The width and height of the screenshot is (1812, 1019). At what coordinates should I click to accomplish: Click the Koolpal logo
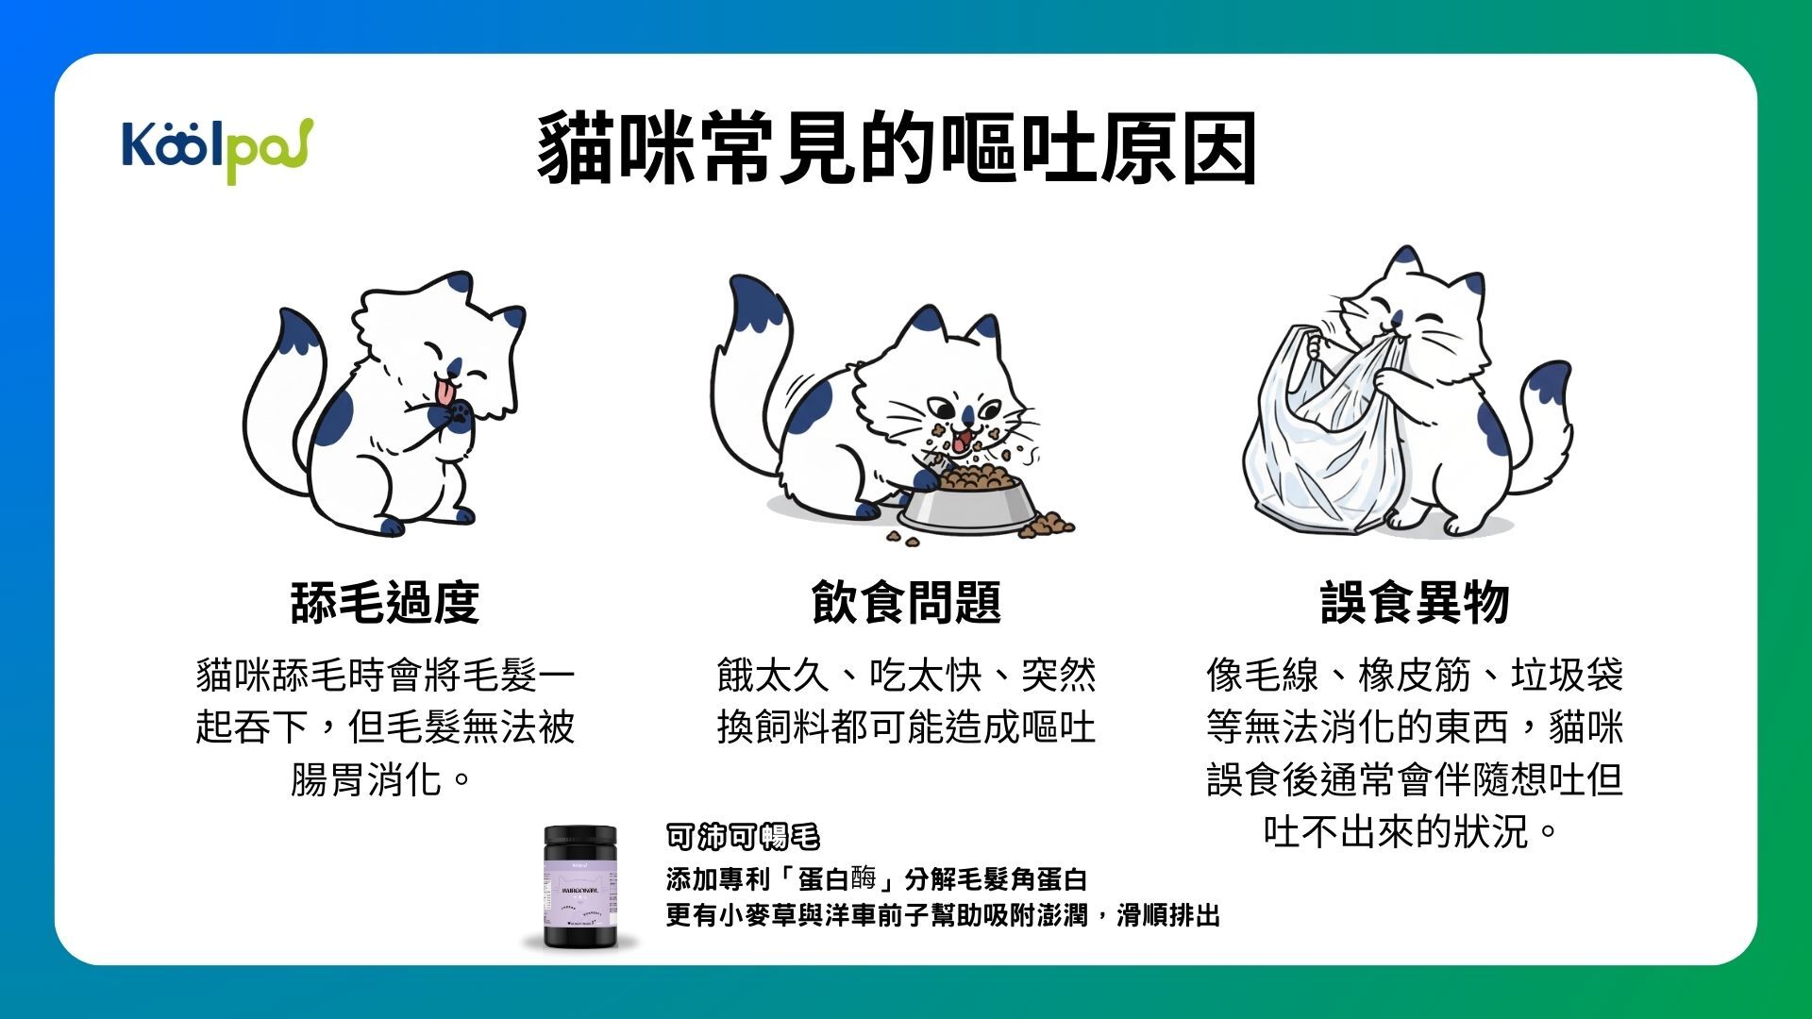click(217, 148)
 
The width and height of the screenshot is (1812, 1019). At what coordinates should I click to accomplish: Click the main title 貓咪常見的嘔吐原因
click(897, 149)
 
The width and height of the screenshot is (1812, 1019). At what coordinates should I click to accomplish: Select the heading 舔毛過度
click(385, 602)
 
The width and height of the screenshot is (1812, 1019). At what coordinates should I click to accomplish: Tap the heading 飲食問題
click(906, 602)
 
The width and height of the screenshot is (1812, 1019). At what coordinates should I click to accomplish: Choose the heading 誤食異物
click(1415, 602)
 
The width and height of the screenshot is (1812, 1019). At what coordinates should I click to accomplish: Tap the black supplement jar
click(580, 887)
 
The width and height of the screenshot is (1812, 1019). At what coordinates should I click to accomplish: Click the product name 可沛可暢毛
click(743, 836)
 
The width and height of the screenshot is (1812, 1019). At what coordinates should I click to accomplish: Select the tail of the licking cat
click(283, 396)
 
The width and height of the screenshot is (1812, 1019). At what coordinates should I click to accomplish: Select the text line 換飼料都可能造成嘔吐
click(906, 727)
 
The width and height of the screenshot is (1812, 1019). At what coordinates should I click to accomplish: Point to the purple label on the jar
click(579, 892)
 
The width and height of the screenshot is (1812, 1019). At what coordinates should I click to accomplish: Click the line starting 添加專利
click(876, 879)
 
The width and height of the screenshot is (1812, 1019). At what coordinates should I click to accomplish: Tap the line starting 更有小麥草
click(942, 915)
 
